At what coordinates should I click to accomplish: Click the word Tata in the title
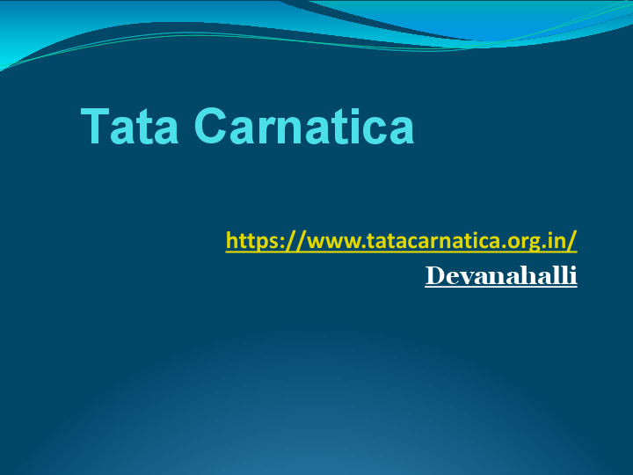pyautogui.click(x=130, y=126)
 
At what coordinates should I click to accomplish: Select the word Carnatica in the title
pyautogui.click(x=303, y=126)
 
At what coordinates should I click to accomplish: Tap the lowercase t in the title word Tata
pyautogui.click(x=143, y=128)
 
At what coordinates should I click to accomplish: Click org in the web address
pyautogui.click(x=515, y=241)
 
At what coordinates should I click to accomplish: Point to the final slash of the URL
pyautogui.click(x=572, y=240)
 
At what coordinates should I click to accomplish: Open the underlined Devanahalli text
pyautogui.click(x=500, y=275)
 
